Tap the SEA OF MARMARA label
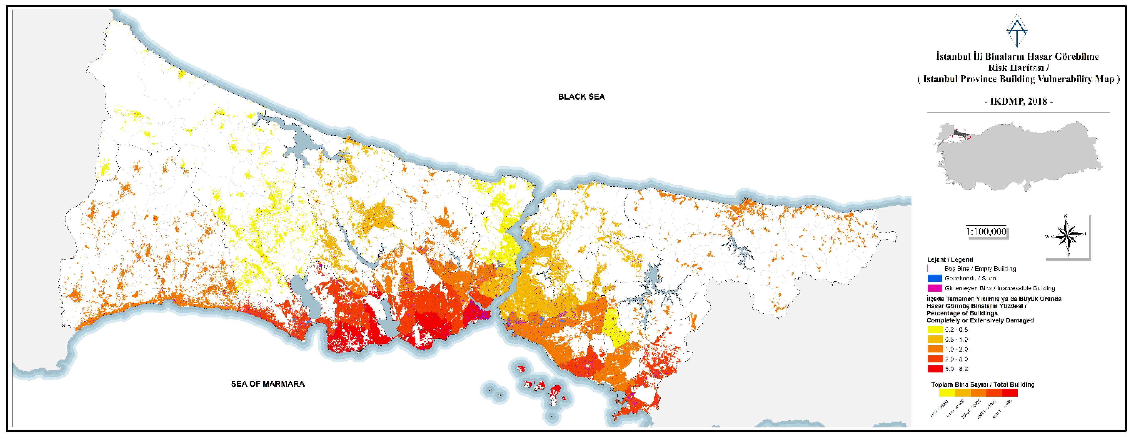(x=268, y=384)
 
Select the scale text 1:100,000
(x=986, y=231)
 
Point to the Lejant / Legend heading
(x=950, y=259)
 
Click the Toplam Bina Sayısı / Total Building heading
(x=982, y=385)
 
